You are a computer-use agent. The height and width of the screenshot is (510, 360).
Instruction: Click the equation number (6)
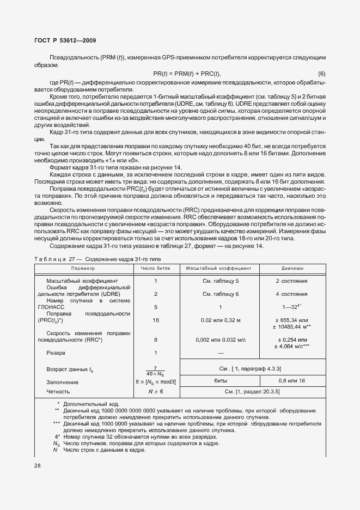tap(321, 74)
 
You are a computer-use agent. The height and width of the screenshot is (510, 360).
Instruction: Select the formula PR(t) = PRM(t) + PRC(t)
tap(186, 74)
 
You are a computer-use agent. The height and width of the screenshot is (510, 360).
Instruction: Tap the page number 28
tap(38, 465)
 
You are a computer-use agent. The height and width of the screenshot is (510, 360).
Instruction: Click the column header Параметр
tap(83, 269)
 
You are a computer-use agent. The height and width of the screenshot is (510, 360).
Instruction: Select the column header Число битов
tap(155, 269)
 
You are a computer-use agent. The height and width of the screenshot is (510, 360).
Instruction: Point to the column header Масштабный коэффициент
tap(218, 269)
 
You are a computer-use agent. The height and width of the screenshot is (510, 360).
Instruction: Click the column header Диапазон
tap(292, 269)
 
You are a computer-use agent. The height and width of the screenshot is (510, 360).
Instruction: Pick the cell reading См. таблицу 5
tap(221, 281)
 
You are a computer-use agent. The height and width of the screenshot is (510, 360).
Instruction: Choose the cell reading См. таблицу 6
tap(221, 294)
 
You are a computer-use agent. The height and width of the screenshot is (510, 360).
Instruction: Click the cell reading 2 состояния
tap(291, 281)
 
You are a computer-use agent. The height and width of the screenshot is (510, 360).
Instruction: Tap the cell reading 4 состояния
tap(291, 294)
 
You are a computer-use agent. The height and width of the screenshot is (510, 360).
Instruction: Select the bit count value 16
tap(156, 320)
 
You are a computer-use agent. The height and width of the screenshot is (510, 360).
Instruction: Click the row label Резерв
tap(57, 353)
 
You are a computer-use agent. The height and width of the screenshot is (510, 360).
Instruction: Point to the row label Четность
tap(59, 391)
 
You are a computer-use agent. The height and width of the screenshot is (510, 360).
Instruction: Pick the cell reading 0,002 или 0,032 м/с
tap(220, 339)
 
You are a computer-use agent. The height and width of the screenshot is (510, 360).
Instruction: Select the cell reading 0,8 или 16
tap(291, 381)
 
